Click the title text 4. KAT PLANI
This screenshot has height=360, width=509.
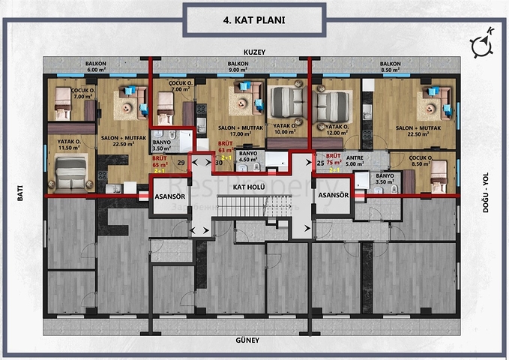pos(253,20)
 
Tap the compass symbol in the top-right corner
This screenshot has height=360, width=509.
pos(481,44)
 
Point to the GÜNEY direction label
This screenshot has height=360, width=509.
pos(249,340)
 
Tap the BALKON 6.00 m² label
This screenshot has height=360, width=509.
pos(96,67)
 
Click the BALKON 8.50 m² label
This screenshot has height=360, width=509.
pos(390,67)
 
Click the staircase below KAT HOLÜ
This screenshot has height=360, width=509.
pos(250,205)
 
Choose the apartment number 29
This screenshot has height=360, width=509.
pos(181,162)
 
